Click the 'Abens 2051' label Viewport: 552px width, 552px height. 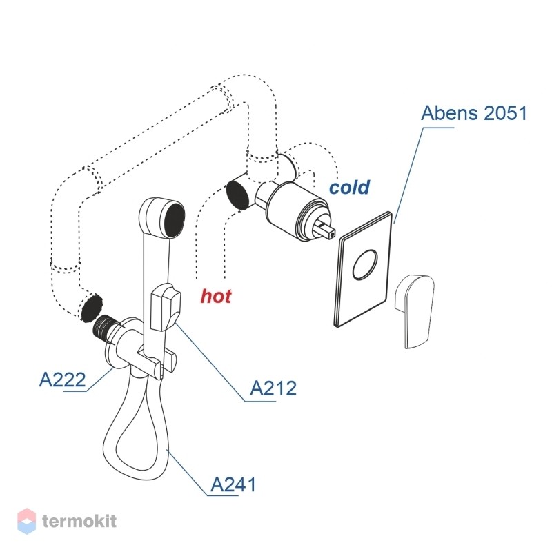pyautogui.click(x=473, y=113)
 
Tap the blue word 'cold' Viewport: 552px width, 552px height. pyautogui.click(x=349, y=187)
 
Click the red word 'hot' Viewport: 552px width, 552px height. pyautogui.click(x=216, y=296)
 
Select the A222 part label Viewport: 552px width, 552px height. pyautogui.click(x=62, y=379)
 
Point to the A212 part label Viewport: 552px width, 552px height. pyautogui.click(x=273, y=388)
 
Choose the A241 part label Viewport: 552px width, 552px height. pyautogui.click(x=233, y=484)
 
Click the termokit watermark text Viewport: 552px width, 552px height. pyautogui.click(x=79, y=521)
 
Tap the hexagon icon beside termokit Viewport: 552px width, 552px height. pyautogui.click(x=26, y=521)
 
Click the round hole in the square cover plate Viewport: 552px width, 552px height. pyautogui.click(x=366, y=265)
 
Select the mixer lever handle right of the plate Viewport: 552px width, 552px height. pyautogui.click(x=415, y=312)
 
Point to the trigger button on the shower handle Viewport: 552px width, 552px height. pyautogui.click(x=166, y=307)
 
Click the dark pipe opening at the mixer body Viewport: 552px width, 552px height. pyautogui.click(x=237, y=195)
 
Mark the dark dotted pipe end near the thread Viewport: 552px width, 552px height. pyautogui.click(x=92, y=307)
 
